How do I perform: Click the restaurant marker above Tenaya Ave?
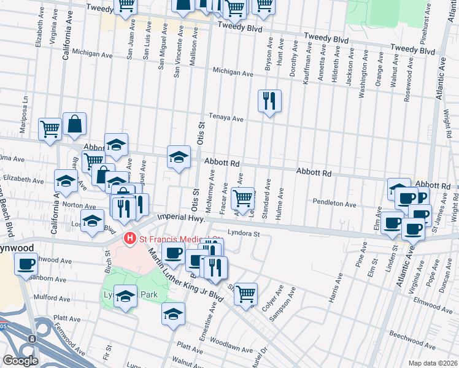click(269, 101)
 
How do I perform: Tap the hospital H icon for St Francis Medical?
click(129, 238)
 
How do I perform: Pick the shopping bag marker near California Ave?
click(74, 125)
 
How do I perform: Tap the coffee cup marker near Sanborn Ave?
click(26, 264)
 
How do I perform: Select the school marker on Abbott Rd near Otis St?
click(179, 157)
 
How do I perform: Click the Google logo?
click(20, 361)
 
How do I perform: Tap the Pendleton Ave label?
click(334, 203)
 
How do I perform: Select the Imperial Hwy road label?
click(180, 217)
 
